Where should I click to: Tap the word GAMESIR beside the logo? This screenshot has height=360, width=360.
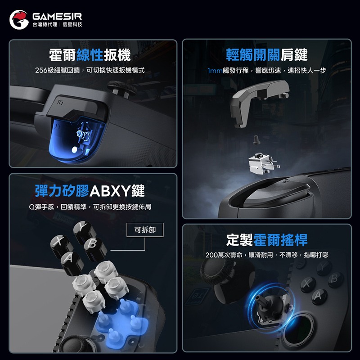click(x=57, y=16)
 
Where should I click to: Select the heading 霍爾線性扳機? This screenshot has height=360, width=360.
click(x=90, y=55)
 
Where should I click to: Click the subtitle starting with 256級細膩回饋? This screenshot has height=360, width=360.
click(x=90, y=71)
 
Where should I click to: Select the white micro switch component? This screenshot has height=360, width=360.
click(x=261, y=164)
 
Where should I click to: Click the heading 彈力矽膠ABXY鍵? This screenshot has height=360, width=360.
click(x=90, y=190)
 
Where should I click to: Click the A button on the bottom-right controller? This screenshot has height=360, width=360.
click(x=319, y=295)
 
